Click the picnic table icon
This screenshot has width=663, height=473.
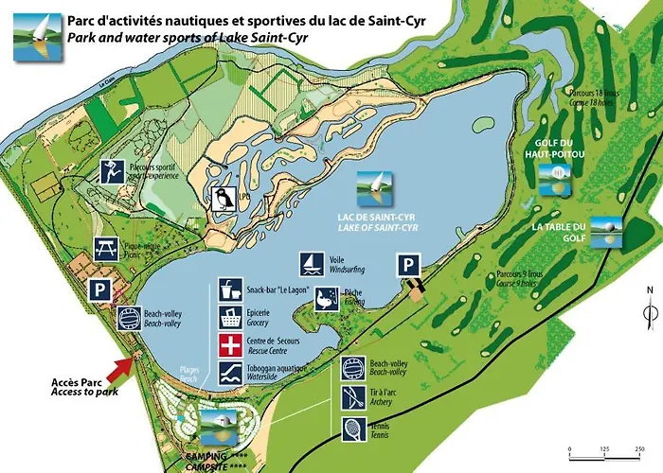106,250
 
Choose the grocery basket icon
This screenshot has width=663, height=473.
229,317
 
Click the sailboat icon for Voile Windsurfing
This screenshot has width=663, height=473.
311,264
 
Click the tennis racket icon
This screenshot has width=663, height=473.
352,428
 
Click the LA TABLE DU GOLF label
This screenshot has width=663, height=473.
560,231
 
